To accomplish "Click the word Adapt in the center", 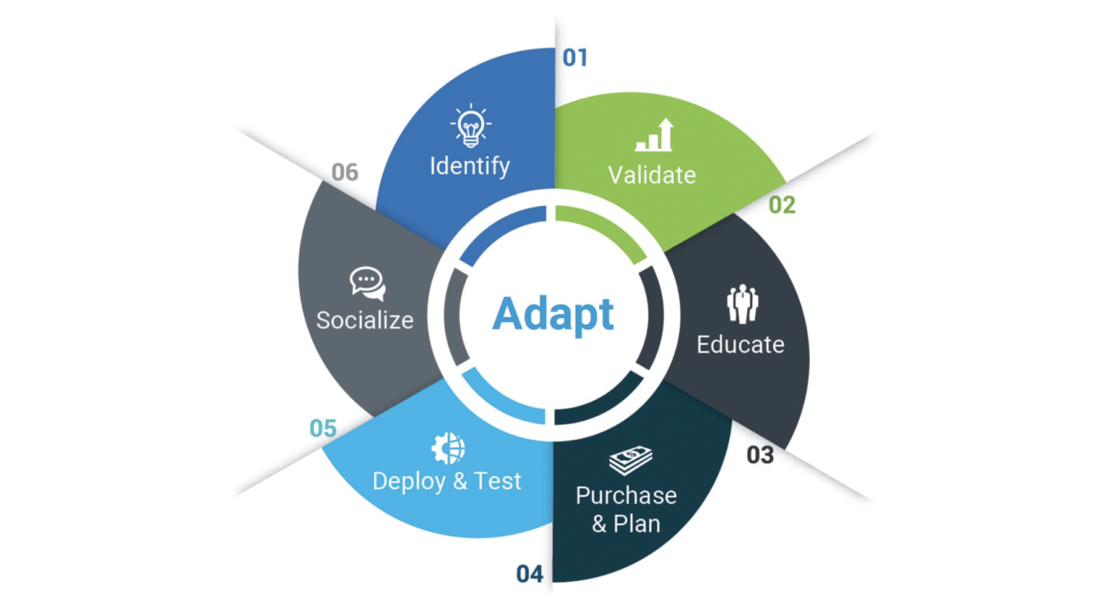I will tap(552, 314).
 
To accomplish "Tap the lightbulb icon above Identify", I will tap(470, 126).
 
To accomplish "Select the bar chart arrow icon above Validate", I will tap(655, 135).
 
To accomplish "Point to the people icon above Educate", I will tap(742, 304).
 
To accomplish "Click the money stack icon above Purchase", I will tap(630, 459).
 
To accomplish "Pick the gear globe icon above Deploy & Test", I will tap(448, 449).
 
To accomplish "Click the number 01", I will tap(575, 57).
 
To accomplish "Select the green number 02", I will tap(781, 205).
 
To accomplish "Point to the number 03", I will tap(760, 455).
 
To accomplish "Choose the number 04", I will tap(529, 574).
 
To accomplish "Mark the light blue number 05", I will tap(323, 429).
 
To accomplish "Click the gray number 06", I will tap(344, 172).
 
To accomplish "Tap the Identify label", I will tap(469, 166).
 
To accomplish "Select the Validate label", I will tap(652, 175).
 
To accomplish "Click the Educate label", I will tap(741, 345).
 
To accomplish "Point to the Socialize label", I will tap(365, 321).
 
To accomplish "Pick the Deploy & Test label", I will tap(446, 481).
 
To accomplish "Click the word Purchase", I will tap(626, 495).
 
